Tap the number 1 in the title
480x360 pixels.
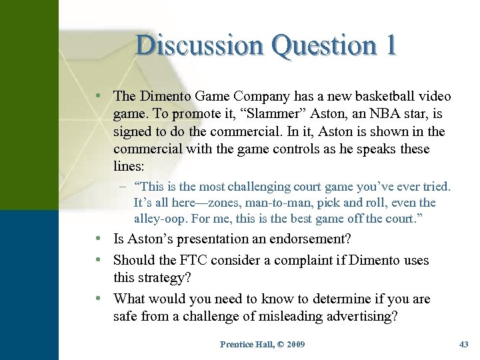coord(389,45)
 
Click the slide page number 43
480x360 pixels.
coord(464,344)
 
